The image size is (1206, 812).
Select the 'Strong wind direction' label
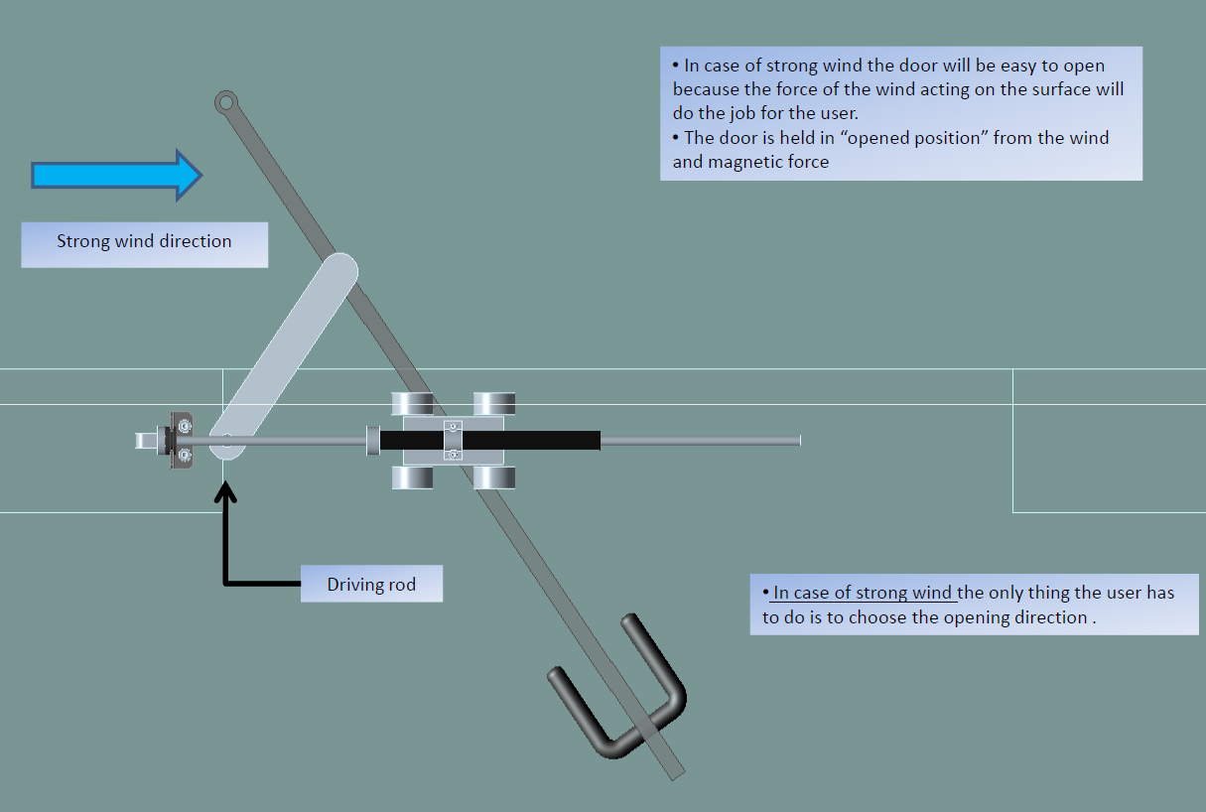(x=144, y=241)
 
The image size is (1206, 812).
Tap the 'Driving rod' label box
(x=371, y=585)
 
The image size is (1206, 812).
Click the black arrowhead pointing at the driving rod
(x=227, y=490)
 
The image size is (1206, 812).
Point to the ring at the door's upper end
(x=225, y=100)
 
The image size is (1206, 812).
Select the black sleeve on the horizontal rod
(x=490, y=441)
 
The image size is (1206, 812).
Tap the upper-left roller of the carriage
(x=412, y=403)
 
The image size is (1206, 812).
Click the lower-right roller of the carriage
(x=494, y=478)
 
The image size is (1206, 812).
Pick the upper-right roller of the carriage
(x=494, y=403)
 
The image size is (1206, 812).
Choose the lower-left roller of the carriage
(x=412, y=478)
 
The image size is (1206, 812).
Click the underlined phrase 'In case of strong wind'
(x=863, y=594)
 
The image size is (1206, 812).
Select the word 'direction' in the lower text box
(x=1049, y=617)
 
